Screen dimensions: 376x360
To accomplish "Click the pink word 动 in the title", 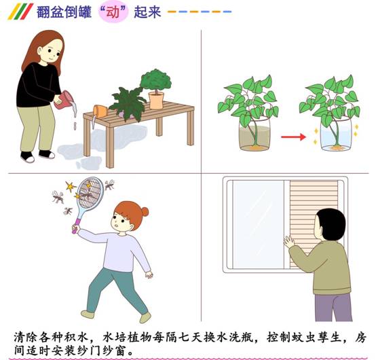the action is (x=113, y=12).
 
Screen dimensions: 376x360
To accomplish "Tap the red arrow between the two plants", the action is (x=293, y=137).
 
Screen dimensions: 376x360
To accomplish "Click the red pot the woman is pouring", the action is (x=63, y=100).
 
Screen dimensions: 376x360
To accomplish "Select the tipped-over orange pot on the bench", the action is (x=100, y=111).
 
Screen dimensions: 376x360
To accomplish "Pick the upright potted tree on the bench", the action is (x=156, y=88).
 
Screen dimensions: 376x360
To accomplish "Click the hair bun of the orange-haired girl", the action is (x=145, y=212).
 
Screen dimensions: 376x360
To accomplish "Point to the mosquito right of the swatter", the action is (x=109, y=185).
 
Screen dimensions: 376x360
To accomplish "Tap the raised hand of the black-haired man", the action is (x=288, y=242).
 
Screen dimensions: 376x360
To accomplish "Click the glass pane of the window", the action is (x=259, y=225).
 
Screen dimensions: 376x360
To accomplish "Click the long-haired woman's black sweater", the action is (x=39, y=84).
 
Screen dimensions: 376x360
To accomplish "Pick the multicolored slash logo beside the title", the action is (x=20, y=12).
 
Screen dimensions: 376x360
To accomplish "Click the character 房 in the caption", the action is (x=361, y=338).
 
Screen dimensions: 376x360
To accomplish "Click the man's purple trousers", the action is (x=333, y=307).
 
